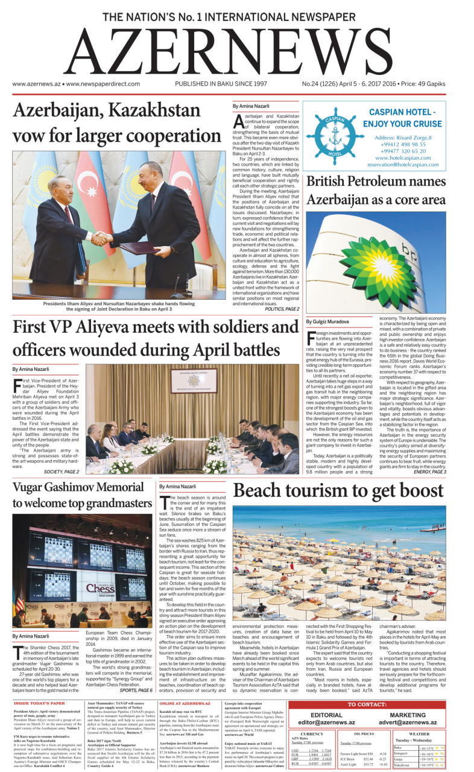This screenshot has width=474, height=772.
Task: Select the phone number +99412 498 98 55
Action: tap(403, 145)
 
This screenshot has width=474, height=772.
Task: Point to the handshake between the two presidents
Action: tap(102, 236)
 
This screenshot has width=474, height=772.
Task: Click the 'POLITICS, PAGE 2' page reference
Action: tap(282, 309)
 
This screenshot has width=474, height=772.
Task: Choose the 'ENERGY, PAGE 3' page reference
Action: tap(430, 472)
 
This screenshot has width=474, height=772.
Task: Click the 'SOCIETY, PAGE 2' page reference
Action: tap(62, 472)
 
